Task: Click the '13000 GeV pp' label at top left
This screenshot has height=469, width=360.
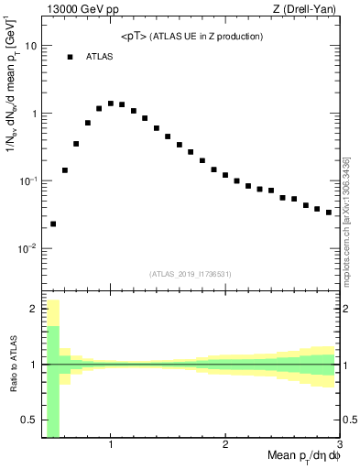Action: tap(80, 9)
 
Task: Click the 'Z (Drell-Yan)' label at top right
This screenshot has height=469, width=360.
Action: tap(304, 9)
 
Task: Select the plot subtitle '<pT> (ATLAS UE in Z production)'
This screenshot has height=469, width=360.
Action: tap(191, 37)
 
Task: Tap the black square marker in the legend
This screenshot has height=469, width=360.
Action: tap(70, 57)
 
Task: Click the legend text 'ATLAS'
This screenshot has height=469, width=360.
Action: tap(100, 57)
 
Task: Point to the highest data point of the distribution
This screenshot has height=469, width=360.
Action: tap(111, 104)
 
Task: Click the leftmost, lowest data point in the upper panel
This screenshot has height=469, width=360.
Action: tap(53, 224)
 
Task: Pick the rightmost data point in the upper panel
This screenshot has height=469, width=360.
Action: tap(329, 213)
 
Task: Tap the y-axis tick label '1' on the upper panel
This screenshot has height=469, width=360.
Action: tap(34, 114)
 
